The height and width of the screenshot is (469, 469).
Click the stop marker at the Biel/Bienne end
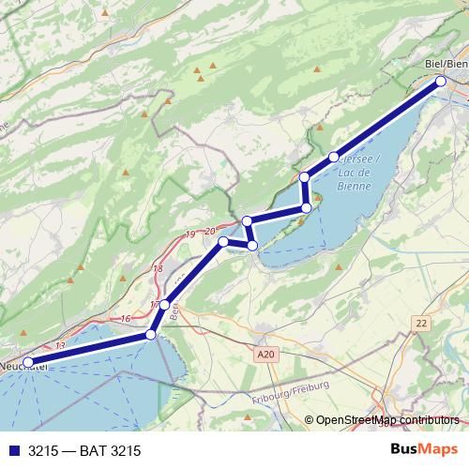(x=440, y=82)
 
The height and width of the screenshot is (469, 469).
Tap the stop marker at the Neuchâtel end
(x=28, y=361)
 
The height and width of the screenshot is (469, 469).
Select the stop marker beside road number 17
(x=165, y=304)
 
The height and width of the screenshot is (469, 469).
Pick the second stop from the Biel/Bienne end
(x=334, y=157)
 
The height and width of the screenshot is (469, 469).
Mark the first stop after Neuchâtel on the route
(x=150, y=335)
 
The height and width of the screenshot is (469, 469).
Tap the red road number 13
(x=60, y=346)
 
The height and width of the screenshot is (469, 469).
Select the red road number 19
(x=190, y=234)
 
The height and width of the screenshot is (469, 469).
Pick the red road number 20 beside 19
(x=208, y=230)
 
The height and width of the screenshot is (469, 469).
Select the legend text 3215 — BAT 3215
(x=84, y=450)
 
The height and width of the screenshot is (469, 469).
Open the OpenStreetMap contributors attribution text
(x=386, y=419)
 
